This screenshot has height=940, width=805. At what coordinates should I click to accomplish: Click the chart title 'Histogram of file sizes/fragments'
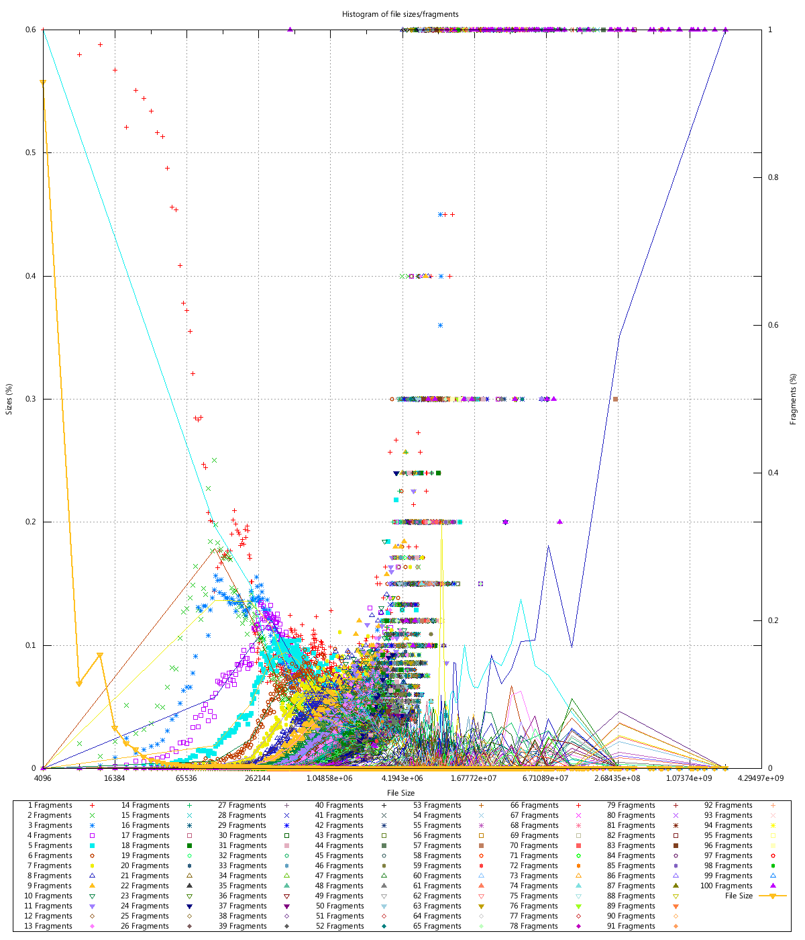[x=400, y=14]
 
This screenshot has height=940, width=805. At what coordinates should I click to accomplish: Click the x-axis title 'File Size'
[x=400, y=793]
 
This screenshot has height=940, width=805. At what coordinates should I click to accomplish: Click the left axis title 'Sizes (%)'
[x=9, y=399]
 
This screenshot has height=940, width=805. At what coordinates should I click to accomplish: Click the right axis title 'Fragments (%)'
[x=793, y=399]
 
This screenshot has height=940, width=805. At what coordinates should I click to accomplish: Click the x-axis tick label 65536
[x=186, y=779]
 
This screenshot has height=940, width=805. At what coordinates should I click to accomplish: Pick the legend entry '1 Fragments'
[x=50, y=805]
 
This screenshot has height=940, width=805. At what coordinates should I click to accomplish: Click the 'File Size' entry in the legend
[x=739, y=896]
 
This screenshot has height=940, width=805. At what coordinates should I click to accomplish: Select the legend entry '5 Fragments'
[x=50, y=845]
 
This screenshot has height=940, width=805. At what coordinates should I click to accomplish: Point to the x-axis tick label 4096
[x=43, y=779]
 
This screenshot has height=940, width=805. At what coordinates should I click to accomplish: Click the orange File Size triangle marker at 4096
[x=43, y=83]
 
